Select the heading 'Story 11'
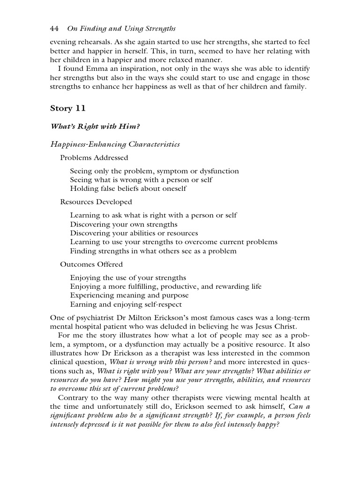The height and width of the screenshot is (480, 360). click(68, 109)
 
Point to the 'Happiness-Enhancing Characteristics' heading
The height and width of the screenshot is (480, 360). click(115, 144)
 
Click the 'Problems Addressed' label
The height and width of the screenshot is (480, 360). click(94, 158)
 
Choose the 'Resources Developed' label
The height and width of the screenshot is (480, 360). click(96, 202)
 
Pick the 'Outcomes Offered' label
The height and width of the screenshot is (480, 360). click(91, 264)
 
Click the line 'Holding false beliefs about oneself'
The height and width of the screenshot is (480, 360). click(128, 188)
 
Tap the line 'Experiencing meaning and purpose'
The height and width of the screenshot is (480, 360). click(129, 295)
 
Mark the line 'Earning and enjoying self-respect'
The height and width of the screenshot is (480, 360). click(129, 304)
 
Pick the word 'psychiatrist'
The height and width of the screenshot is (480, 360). click(94, 318)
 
